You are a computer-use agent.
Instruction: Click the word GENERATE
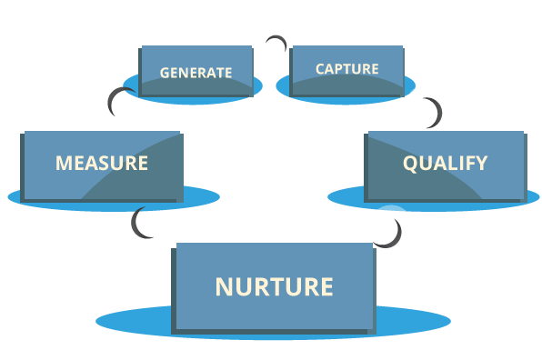[x=196, y=72]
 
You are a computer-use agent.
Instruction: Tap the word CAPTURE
[x=346, y=69]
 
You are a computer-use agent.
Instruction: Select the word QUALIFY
[x=445, y=164]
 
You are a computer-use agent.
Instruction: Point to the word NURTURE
[x=274, y=286]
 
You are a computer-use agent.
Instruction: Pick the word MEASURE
[x=102, y=164]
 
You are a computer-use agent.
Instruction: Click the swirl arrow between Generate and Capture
[x=272, y=43]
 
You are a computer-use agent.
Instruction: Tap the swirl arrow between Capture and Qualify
[x=426, y=108]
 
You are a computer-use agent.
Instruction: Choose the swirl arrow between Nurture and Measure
[x=148, y=228]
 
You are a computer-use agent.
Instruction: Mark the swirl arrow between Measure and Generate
[x=117, y=106]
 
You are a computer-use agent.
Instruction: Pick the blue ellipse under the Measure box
[x=205, y=195]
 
